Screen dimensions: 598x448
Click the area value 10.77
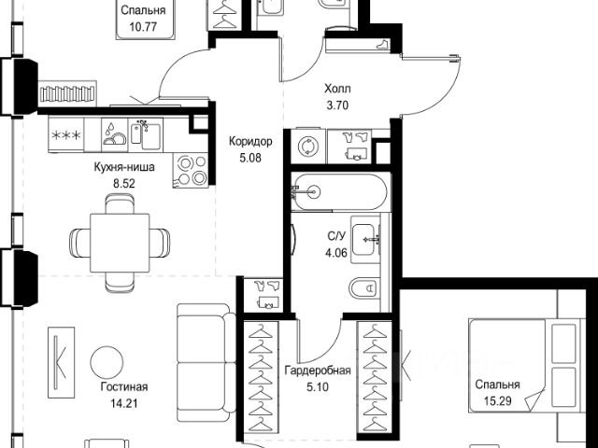click(x=143, y=27)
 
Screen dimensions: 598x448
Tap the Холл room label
click(x=337, y=90)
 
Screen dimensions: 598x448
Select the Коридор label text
click(x=250, y=142)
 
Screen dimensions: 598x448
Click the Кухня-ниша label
click(x=124, y=167)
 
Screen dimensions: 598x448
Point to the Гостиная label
click(x=124, y=387)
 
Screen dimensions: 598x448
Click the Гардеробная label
click(x=318, y=371)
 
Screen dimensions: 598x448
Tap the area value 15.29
click(x=498, y=400)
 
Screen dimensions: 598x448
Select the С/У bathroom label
click(x=336, y=236)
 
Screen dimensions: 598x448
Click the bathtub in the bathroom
click(x=340, y=191)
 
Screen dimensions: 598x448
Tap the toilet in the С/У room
click(x=364, y=288)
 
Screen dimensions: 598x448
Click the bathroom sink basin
click(x=365, y=240)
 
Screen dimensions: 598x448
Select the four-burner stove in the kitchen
click(x=190, y=170)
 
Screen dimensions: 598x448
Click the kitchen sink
click(x=146, y=135)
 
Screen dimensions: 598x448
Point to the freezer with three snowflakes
click(x=66, y=134)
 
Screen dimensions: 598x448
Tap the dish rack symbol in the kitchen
click(x=114, y=134)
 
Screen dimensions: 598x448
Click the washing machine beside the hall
click(x=307, y=147)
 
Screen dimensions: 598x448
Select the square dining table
click(x=120, y=243)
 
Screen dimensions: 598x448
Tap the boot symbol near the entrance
click(x=382, y=44)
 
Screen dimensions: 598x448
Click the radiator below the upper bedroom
click(x=67, y=94)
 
